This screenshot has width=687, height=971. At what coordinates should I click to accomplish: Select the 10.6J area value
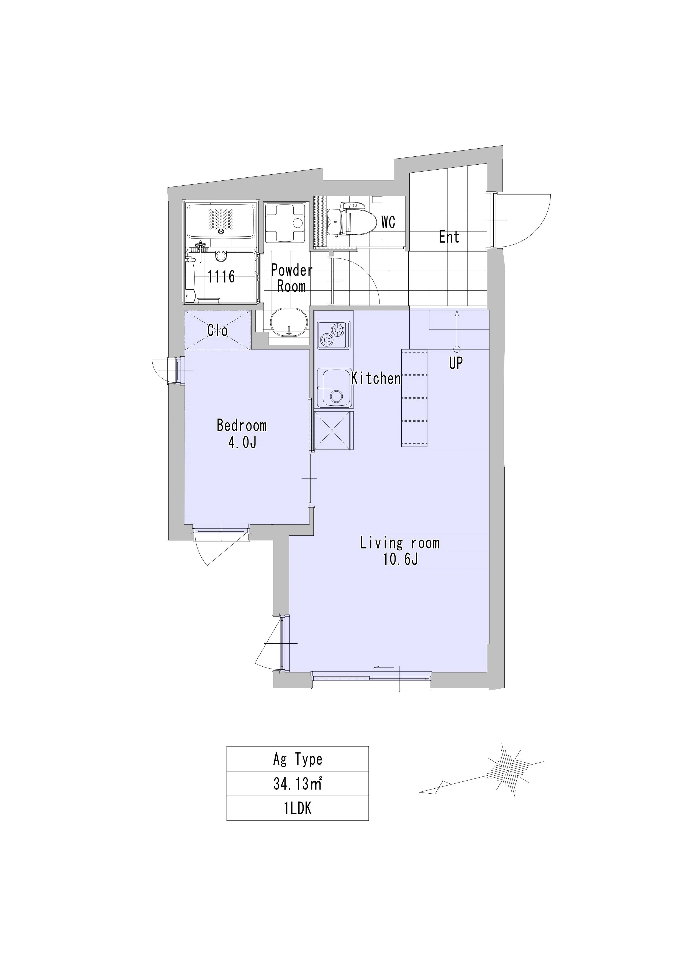point(401,560)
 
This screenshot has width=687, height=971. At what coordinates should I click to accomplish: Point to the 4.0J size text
point(242,443)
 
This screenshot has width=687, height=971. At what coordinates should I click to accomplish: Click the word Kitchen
point(376,379)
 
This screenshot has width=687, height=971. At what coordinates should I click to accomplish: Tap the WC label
point(388,222)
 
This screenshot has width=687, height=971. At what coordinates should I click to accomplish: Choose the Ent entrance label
point(449,237)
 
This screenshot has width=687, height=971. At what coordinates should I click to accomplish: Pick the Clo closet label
point(217,330)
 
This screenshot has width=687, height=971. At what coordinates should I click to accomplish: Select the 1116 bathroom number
point(221,277)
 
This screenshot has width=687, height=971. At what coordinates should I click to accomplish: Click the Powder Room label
point(292,278)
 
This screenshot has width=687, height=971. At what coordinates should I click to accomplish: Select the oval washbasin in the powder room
point(289,322)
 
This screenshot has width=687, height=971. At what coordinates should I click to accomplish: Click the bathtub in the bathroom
point(221,222)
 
